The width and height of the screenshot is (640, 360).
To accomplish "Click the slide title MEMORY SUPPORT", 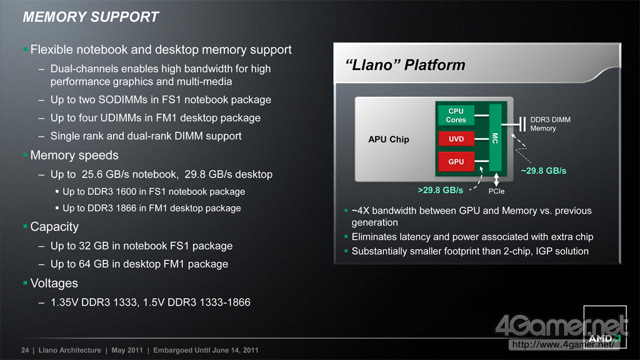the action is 91,17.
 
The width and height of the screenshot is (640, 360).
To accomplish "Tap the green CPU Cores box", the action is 456,115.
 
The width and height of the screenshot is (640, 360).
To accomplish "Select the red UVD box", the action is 456,139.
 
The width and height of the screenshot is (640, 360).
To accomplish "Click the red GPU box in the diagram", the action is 456,162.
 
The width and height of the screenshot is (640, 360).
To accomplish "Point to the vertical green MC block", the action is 495,137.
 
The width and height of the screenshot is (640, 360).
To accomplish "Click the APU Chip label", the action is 389,139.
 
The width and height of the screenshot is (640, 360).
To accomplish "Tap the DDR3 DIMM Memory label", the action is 550,124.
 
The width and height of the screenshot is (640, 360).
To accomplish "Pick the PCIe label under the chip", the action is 496,191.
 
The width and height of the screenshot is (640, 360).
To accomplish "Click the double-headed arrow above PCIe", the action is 496,179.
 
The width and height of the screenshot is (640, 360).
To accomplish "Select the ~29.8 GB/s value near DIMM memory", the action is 544,171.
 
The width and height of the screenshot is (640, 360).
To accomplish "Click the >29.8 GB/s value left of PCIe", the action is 441,190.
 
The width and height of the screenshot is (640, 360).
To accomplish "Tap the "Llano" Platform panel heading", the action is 405,65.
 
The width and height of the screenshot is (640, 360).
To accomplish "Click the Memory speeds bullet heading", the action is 74,155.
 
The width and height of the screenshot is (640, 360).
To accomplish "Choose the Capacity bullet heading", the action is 54,226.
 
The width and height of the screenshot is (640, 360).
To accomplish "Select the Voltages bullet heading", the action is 54,283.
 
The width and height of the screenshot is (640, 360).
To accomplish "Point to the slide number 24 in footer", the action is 25,350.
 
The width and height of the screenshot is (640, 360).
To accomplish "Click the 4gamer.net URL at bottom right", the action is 563,344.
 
